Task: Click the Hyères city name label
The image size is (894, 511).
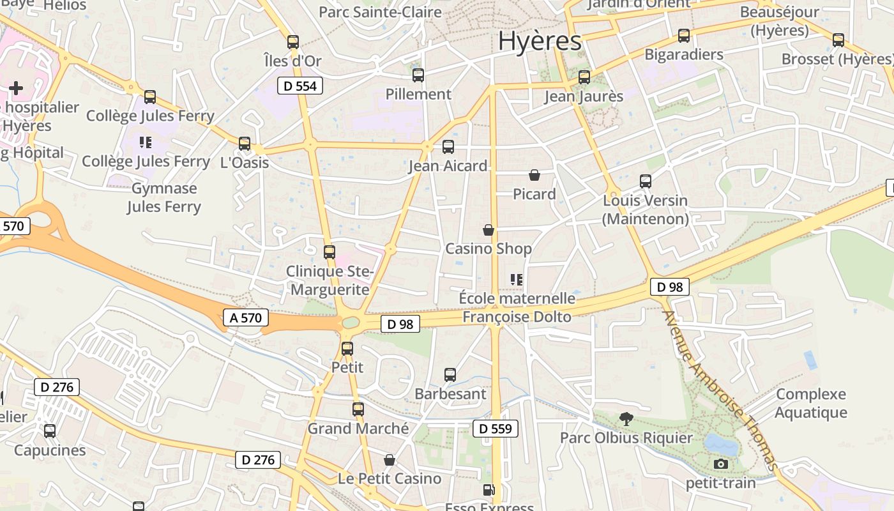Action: (x=540, y=41)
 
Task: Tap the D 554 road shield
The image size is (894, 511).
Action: (x=300, y=86)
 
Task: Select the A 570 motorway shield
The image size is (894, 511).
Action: (x=246, y=317)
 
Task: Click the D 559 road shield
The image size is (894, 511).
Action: (x=496, y=429)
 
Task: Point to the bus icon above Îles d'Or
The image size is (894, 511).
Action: (x=293, y=42)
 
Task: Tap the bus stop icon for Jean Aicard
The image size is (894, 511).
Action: (x=448, y=147)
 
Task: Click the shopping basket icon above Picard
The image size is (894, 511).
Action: (x=534, y=175)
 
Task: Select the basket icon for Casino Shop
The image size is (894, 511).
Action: (x=489, y=230)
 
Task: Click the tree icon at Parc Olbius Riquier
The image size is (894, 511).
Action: (x=626, y=419)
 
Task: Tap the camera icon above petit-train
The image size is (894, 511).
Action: (x=721, y=464)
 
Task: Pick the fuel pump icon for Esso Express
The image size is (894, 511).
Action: (x=489, y=491)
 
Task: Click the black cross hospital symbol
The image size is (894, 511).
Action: (x=16, y=88)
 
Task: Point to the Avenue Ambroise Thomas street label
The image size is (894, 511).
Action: (x=720, y=390)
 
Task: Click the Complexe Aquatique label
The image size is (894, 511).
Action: (x=811, y=403)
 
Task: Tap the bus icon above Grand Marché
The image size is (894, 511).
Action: (x=358, y=409)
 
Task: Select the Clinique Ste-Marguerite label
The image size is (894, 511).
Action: (x=330, y=280)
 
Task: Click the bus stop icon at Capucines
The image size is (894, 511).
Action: (x=50, y=431)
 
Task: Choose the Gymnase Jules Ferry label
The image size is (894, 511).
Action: (x=164, y=197)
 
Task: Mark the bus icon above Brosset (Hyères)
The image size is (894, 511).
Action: (x=838, y=40)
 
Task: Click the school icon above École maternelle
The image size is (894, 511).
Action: (x=517, y=279)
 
